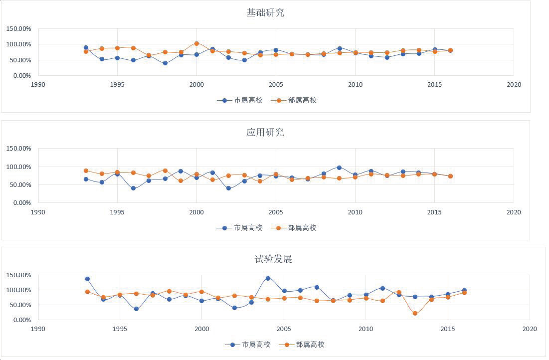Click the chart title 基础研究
[x=265, y=13]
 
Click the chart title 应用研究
[x=265, y=133]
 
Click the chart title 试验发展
[x=273, y=259]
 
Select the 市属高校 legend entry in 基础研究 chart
[x=240, y=100]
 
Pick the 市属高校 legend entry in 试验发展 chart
[x=248, y=345]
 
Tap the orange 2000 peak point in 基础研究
[x=196, y=43]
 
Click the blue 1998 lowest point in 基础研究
[x=165, y=63]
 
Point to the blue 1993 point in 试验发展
[x=87, y=279]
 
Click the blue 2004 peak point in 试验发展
[x=268, y=278]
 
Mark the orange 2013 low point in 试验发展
[x=415, y=313]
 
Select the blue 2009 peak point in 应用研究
[x=339, y=168]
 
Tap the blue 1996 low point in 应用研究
[x=133, y=188]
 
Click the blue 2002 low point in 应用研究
[x=228, y=188]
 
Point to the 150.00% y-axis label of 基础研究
[x=18, y=29]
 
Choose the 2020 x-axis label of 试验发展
[x=530, y=329]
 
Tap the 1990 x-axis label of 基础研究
[x=38, y=85]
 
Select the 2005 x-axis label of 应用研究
[x=276, y=212]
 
